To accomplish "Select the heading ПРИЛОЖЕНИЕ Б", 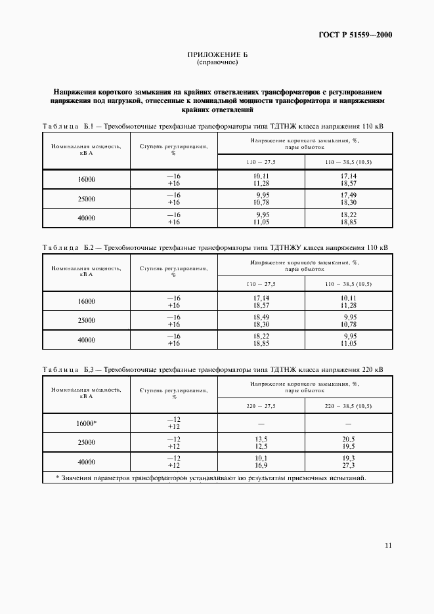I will [x=217, y=56].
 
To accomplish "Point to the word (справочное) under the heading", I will [x=217, y=63].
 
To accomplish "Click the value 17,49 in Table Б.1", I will [x=348, y=195].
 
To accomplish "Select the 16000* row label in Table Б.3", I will [x=86, y=423].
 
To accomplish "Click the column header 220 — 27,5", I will [x=261, y=406].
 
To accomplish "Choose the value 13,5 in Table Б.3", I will [x=261, y=439].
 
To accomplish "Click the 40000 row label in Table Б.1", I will [x=86, y=218].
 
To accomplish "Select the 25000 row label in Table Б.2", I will [x=86, y=321].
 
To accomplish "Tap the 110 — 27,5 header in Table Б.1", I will [x=261, y=161].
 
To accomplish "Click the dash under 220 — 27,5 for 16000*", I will [x=261, y=423].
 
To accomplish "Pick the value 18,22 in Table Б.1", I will [x=348, y=214].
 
